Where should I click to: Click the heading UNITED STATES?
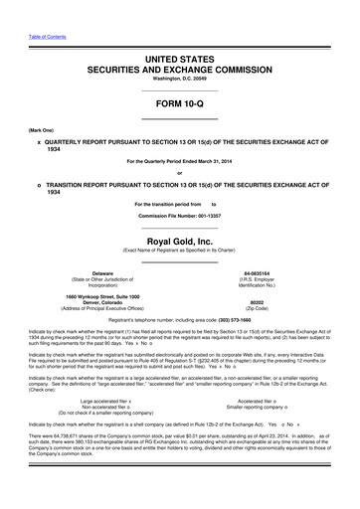(180, 61)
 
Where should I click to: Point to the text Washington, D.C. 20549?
(180, 85)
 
